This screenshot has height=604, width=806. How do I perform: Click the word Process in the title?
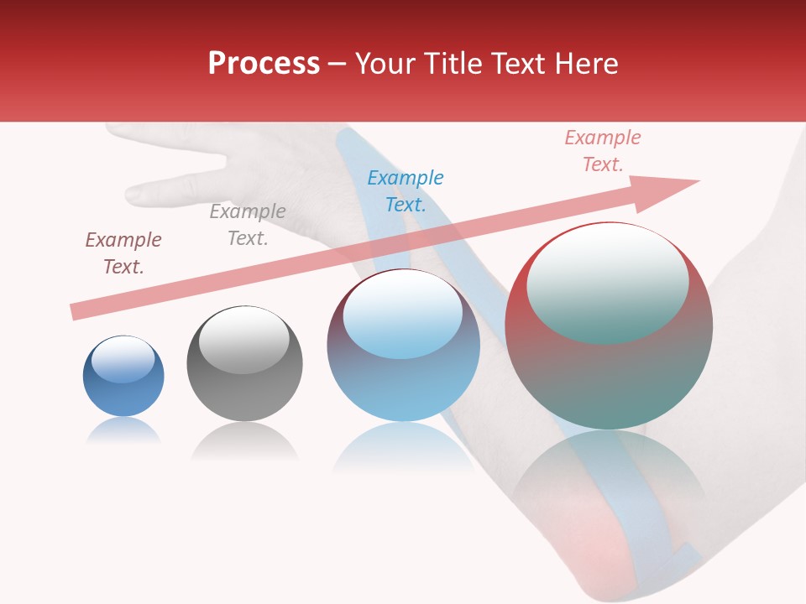click(x=264, y=64)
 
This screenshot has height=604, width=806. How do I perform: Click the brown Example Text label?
click(x=123, y=253)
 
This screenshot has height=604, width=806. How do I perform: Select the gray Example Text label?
click(x=247, y=225)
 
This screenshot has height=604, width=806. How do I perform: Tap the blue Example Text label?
click(x=405, y=191)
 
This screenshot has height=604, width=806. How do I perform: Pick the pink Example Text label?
click(x=602, y=151)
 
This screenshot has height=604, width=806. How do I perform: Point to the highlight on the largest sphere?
click(x=607, y=284)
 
